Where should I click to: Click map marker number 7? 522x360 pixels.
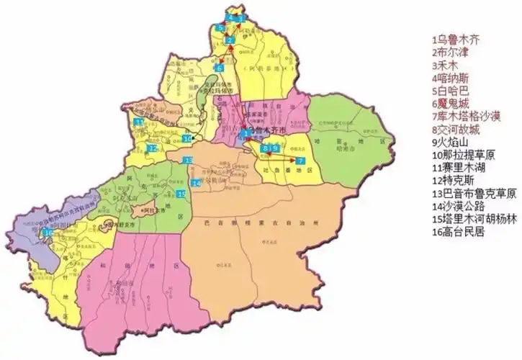300,158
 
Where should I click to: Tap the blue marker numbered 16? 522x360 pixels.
48,233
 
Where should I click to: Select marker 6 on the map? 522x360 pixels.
220,68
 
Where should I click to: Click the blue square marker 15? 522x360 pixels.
181,194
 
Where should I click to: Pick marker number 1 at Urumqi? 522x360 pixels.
246,133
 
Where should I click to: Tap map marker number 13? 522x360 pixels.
188,160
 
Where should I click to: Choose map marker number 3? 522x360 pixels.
242,17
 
